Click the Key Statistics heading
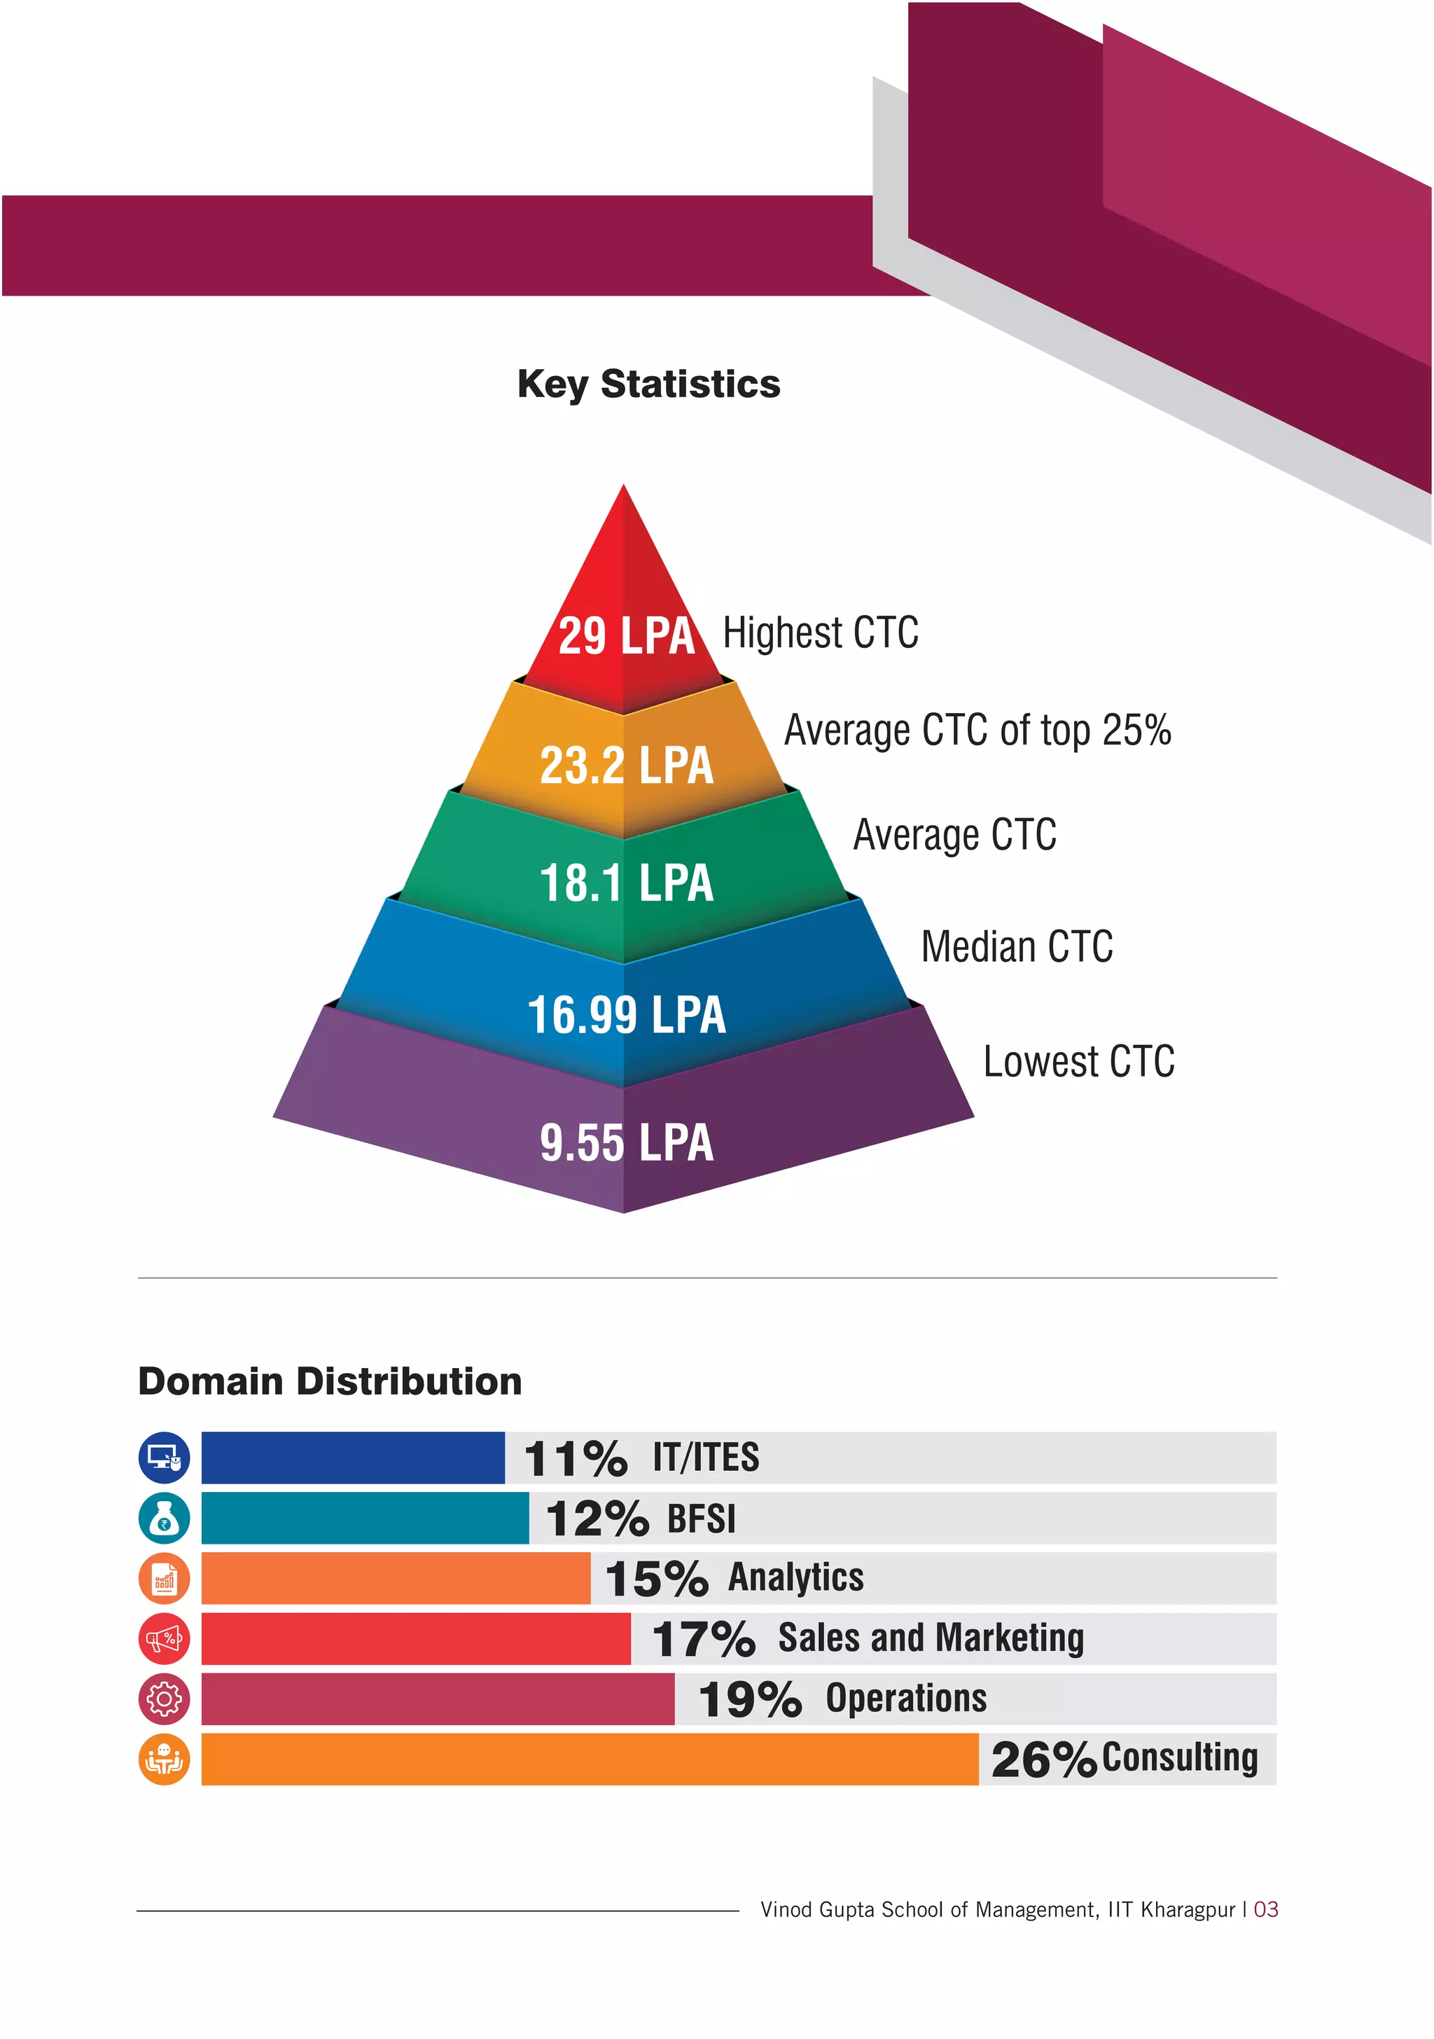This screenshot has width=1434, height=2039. tap(648, 384)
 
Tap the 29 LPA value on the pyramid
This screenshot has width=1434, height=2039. tap(626, 636)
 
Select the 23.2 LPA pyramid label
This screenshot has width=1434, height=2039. tap(626, 766)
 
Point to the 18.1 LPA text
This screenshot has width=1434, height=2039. tap(626, 884)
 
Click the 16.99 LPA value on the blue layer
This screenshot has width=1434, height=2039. tap(626, 1015)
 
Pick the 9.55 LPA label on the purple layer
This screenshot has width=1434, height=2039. tap(626, 1143)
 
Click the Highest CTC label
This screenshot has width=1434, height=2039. tap(821, 633)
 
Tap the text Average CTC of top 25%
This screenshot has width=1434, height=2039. tap(977, 731)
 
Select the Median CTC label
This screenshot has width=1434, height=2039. tap(1017, 947)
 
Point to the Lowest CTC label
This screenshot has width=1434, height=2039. tap(1079, 1062)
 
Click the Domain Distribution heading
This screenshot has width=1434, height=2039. tap(329, 1382)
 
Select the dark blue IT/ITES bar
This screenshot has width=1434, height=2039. tap(352, 1458)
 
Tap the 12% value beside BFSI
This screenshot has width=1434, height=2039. tap(597, 1519)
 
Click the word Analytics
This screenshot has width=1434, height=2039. tap(795, 1578)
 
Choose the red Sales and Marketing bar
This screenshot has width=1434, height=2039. tap(415, 1639)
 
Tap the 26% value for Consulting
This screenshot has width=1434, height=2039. tap(1043, 1760)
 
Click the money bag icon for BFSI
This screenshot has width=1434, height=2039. tap(165, 1519)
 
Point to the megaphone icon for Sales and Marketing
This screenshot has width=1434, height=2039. tap(165, 1639)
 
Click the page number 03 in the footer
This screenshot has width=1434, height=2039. tap(1265, 1909)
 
